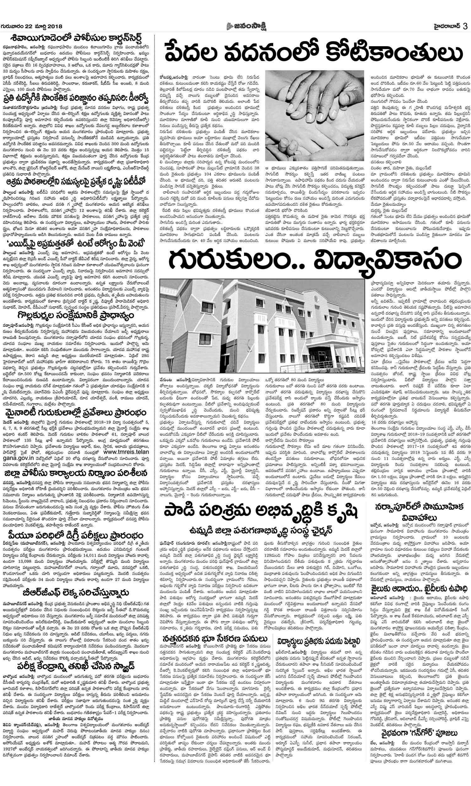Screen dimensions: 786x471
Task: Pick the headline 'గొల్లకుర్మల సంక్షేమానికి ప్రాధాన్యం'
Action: click(75, 316)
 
